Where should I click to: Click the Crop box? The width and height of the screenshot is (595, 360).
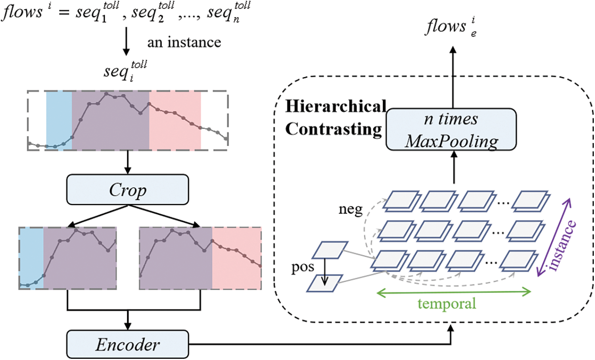point(127,190)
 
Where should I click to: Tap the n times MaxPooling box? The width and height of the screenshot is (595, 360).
point(451,130)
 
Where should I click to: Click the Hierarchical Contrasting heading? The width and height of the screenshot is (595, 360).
point(335,118)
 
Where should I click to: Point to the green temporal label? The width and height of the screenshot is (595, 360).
point(447,304)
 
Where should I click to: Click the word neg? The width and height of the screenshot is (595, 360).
point(350,209)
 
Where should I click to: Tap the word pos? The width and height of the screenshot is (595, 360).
point(302,267)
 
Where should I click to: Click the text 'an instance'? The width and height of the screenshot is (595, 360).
point(184,42)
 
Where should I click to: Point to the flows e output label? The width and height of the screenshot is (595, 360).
point(451,27)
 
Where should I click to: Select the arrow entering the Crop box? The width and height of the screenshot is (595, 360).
point(127,162)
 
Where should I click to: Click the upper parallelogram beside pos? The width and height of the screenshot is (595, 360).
point(330,250)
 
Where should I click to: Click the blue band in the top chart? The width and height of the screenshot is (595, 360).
point(59,120)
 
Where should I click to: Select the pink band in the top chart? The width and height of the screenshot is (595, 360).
point(175,120)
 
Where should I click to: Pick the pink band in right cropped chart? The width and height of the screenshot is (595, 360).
point(236,258)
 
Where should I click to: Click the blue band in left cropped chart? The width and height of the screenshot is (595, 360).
point(31,258)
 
